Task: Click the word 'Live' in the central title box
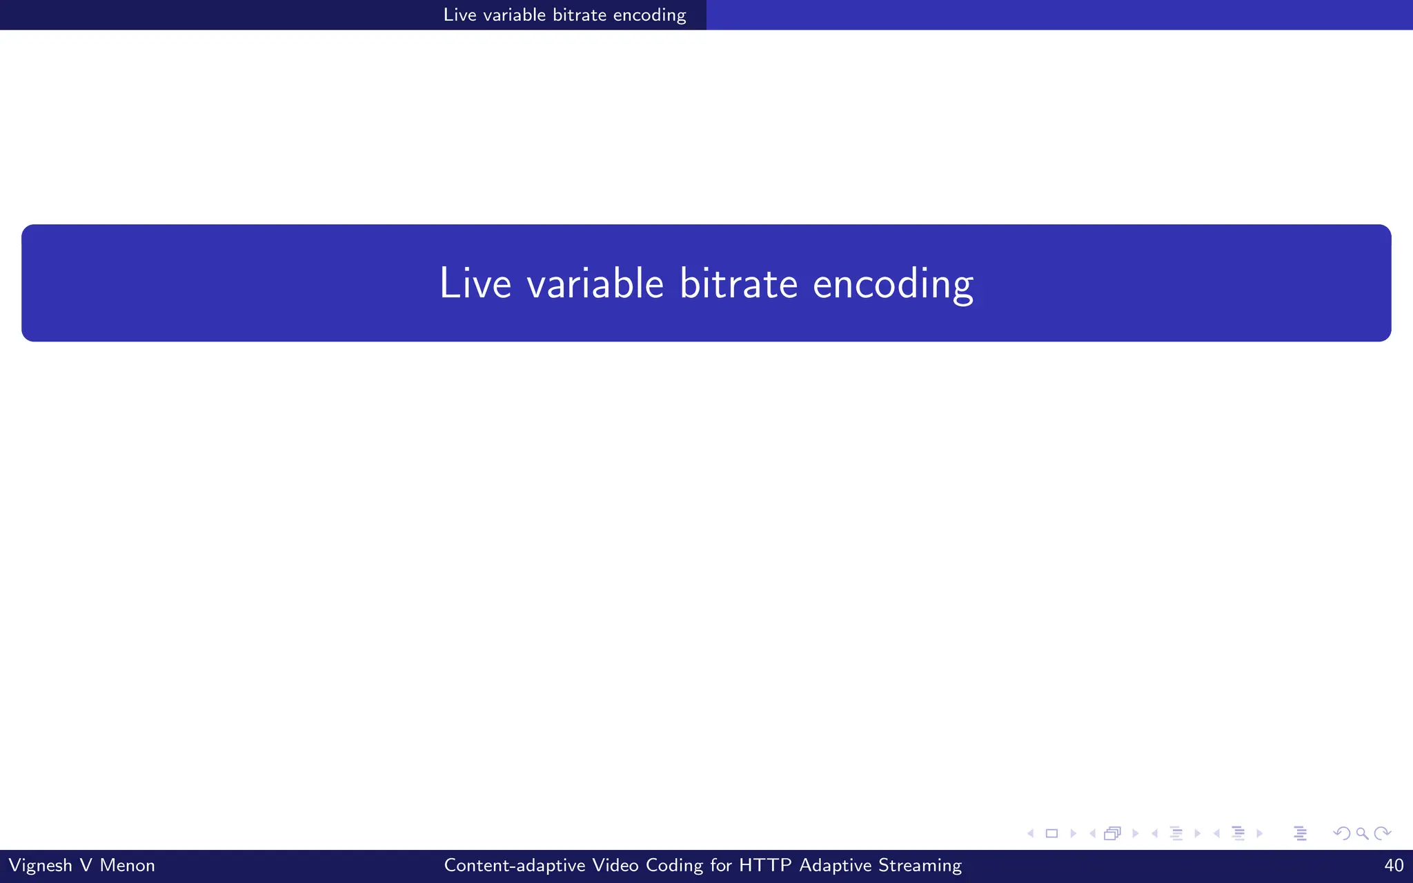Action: coord(475,283)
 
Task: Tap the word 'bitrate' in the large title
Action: coord(738,283)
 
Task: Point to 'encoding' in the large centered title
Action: coord(893,284)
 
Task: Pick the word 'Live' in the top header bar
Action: coord(460,14)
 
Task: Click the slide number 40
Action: coord(1394,865)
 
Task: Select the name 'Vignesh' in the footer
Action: coord(40,865)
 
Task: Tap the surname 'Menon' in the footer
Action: coord(127,865)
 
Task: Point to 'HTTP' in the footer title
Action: coord(764,865)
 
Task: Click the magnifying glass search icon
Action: coord(1362,833)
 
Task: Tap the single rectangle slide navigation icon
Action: coord(1051,833)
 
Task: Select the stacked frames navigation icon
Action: coord(1112,833)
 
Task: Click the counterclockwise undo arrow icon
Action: coord(1342,833)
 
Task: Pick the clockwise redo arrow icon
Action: coord(1382,833)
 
